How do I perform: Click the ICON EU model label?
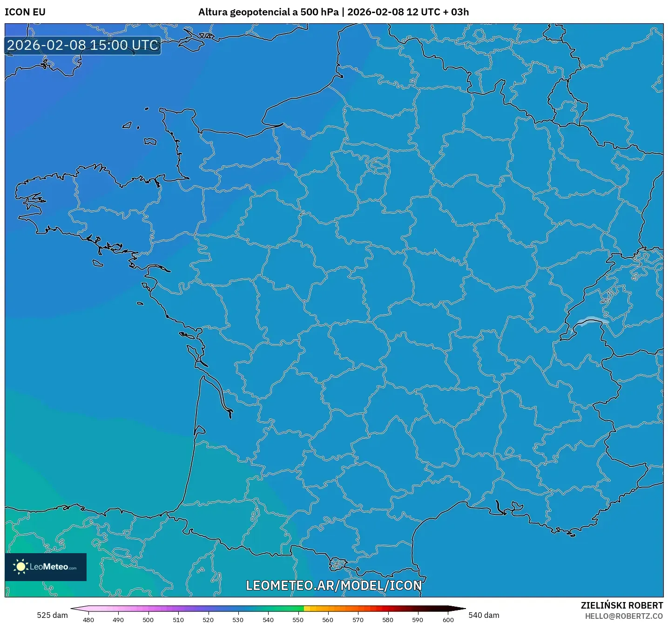[x=25, y=12]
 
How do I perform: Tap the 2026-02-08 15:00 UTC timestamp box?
[x=83, y=46]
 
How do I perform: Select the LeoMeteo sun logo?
[x=20, y=567]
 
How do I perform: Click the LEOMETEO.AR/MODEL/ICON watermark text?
[x=334, y=585]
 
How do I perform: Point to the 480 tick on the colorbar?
[x=88, y=619]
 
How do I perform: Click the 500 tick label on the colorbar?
[x=148, y=619]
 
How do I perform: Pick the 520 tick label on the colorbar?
[x=208, y=619]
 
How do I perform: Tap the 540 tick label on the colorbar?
[x=268, y=619]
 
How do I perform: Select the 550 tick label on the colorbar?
[x=298, y=619]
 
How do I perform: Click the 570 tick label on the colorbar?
[x=358, y=619]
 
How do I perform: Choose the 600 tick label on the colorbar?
[x=448, y=619]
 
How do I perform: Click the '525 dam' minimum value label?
[x=52, y=615]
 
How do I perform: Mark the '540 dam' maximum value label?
[x=484, y=615]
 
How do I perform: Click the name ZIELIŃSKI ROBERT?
[x=621, y=605]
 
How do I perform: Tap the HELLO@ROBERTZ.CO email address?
[x=624, y=616]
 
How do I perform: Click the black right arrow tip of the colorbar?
[x=463, y=608]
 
